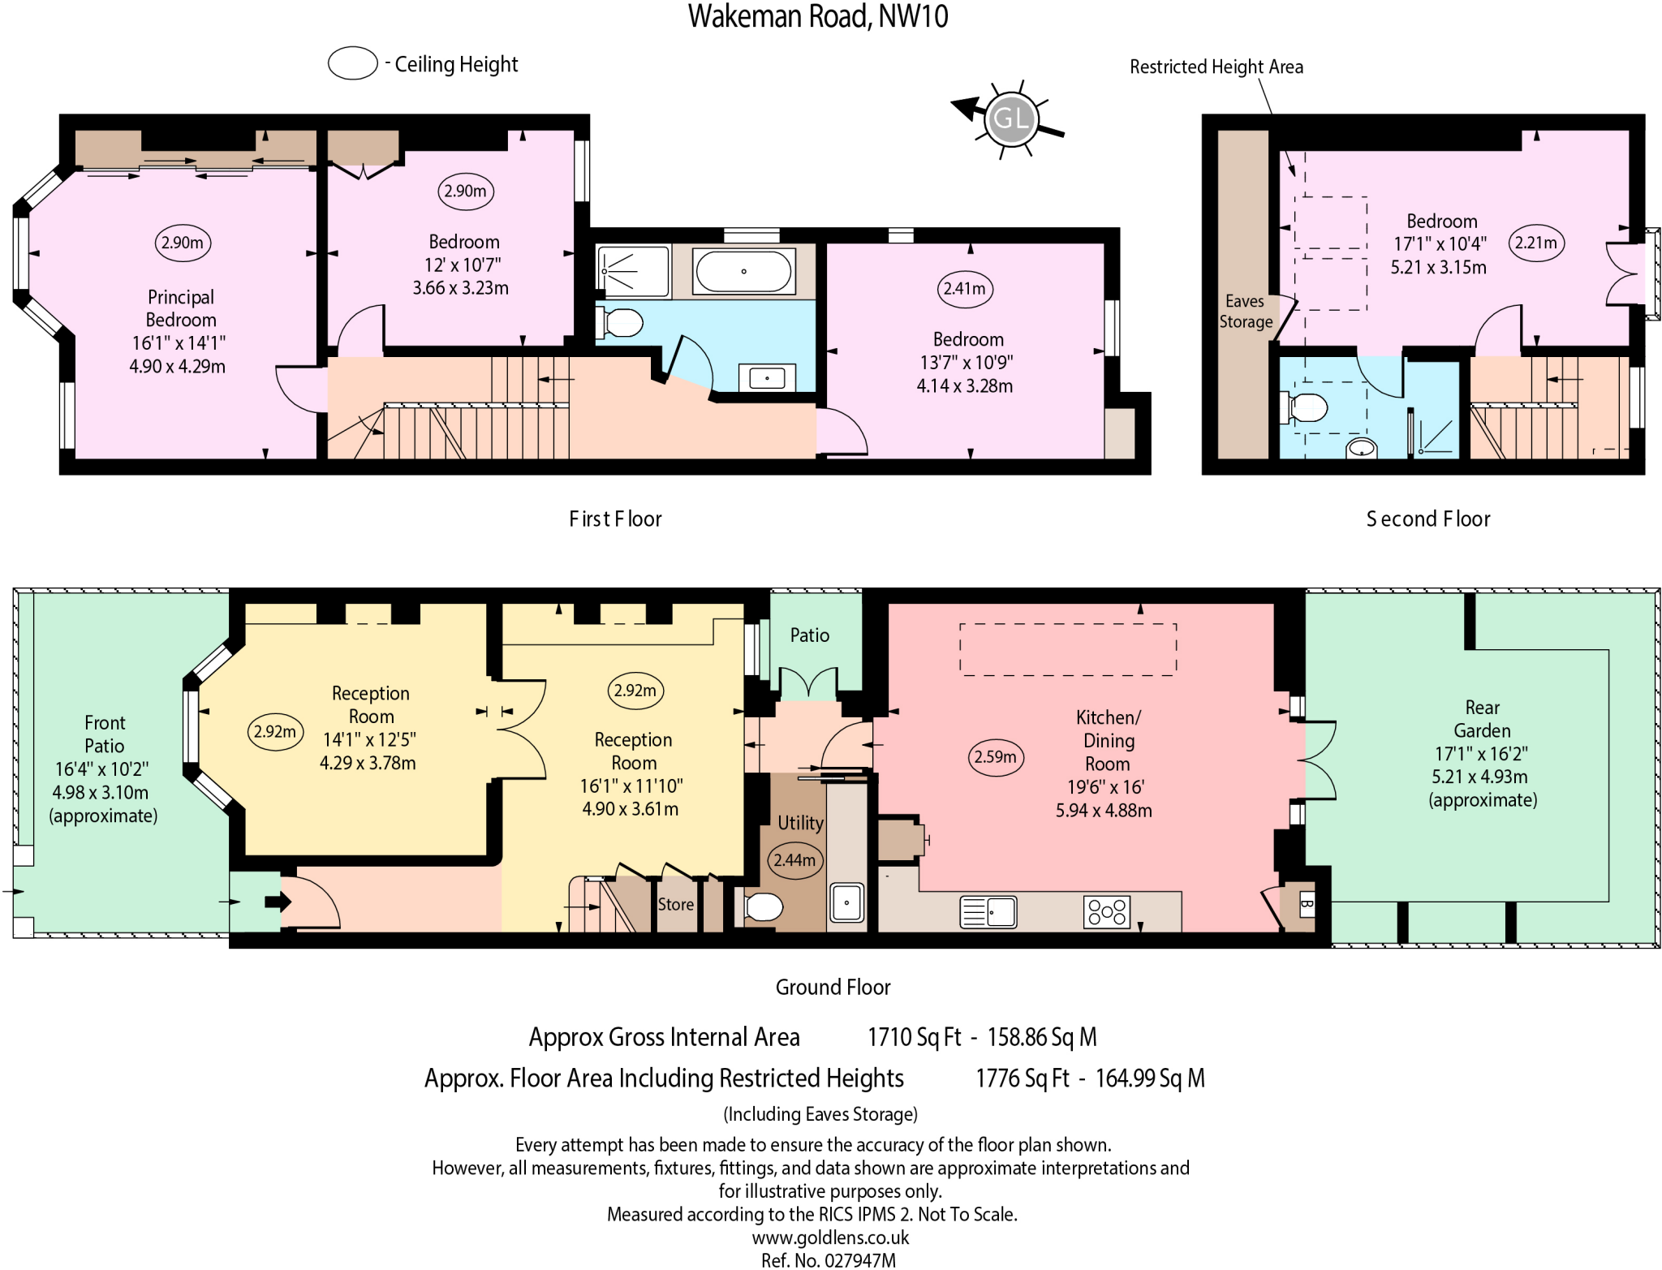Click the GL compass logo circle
point(1010,118)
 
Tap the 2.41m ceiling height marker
point(964,289)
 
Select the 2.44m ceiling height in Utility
point(794,860)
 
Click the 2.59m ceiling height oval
point(995,757)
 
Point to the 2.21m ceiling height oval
point(1535,243)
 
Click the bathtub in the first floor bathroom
point(743,271)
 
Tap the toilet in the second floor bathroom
point(1305,407)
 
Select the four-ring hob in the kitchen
point(1106,912)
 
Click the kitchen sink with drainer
point(988,912)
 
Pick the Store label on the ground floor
point(675,905)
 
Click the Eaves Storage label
point(1245,312)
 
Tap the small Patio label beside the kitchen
point(809,635)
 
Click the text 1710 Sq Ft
point(914,1037)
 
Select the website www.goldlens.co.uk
point(830,1238)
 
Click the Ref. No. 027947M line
point(829,1260)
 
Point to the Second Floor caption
point(1427,519)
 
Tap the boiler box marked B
point(1306,903)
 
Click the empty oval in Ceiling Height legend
point(352,63)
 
